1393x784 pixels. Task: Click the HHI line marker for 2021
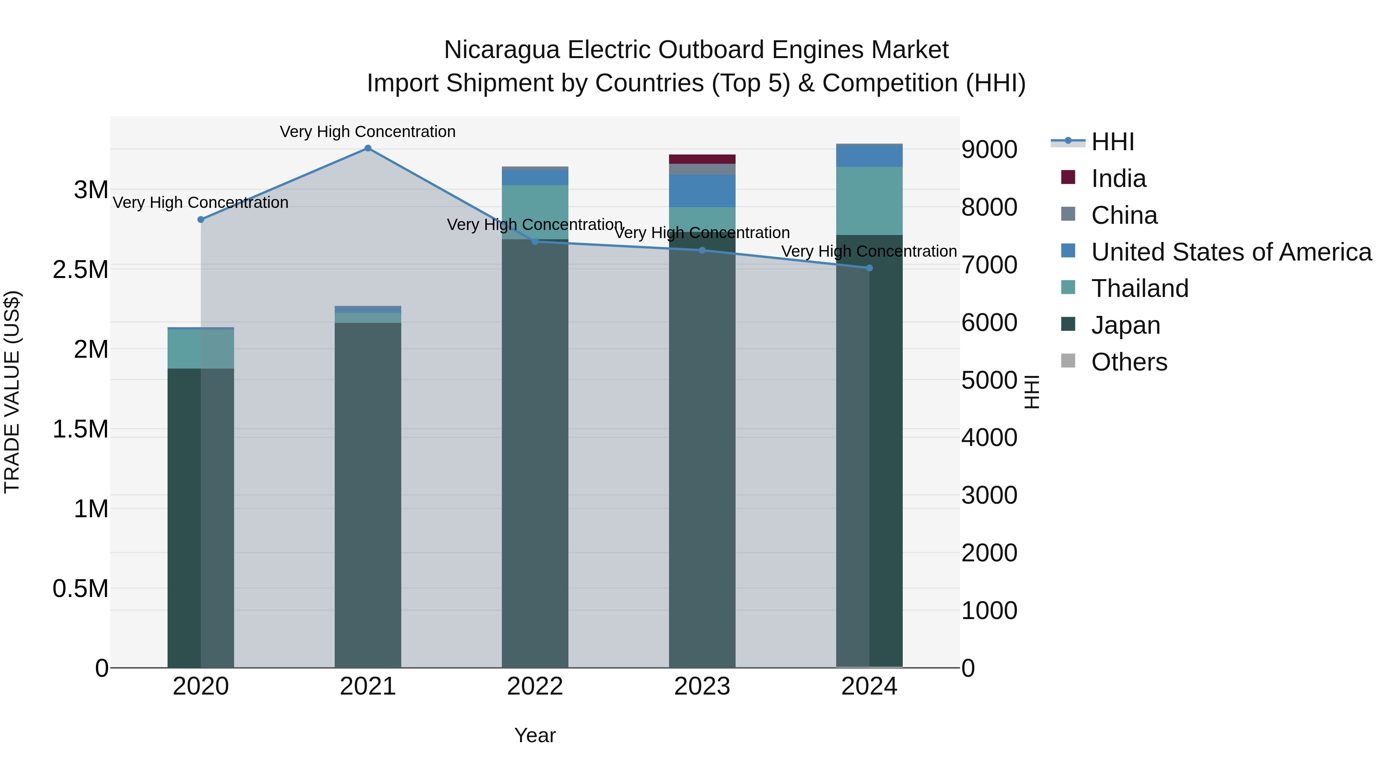click(x=368, y=148)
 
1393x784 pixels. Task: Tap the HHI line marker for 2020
click(x=200, y=220)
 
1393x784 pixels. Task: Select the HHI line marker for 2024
click(x=869, y=268)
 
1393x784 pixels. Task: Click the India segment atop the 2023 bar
click(x=702, y=159)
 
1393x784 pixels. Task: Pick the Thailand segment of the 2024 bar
click(x=869, y=201)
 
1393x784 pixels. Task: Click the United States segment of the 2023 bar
click(x=702, y=190)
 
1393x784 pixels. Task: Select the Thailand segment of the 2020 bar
click(x=200, y=349)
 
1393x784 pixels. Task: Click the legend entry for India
click(x=1118, y=178)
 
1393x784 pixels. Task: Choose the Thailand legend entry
click(x=1140, y=288)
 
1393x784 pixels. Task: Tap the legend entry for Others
click(x=1129, y=362)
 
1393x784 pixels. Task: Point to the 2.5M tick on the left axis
click(x=80, y=269)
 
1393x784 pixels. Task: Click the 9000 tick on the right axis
click(x=989, y=149)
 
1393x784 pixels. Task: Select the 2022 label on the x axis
click(x=535, y=686)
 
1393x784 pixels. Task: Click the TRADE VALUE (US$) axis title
click(x=12, y=392)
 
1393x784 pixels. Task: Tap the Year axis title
click(x=535, y=735)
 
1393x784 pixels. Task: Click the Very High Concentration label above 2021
click(x=368, y=132)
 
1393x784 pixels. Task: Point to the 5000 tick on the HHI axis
click(x=989, y=380)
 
